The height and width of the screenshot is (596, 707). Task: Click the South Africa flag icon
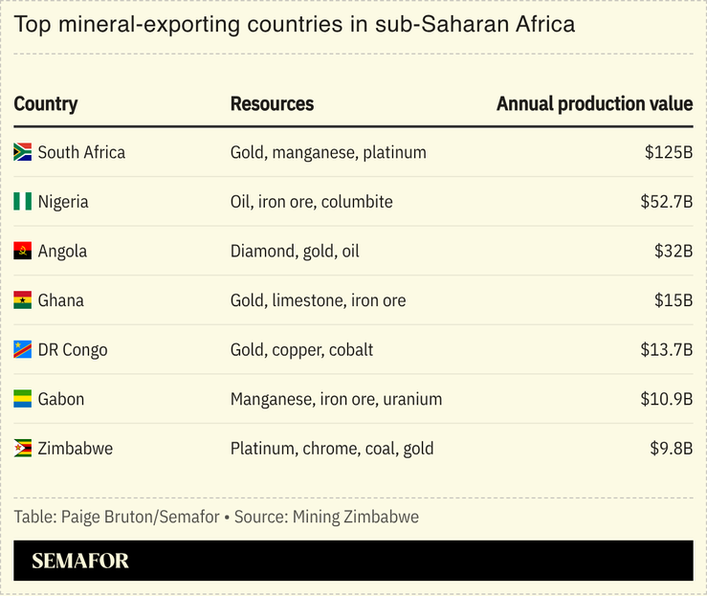coord(23,152)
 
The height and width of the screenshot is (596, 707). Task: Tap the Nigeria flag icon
coord(23,202)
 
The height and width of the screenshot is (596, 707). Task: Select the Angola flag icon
coord(23,252)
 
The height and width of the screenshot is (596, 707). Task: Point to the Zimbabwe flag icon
coord(23,448)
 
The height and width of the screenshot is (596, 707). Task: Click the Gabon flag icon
coord(23,399)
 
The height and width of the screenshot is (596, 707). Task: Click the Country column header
coord(46,104)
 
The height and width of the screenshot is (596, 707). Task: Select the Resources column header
coord(272,104)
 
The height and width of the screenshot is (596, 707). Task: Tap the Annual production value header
coord(594,104)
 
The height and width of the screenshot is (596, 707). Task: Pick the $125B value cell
coord(668,152)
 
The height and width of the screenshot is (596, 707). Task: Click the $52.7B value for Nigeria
coord(666,202)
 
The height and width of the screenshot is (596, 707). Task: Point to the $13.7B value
coord(666,350)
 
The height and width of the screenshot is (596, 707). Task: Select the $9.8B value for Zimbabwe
coord(670,448)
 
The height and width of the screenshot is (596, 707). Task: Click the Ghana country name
coord(61,300)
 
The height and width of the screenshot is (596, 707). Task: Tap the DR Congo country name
coord(73,350)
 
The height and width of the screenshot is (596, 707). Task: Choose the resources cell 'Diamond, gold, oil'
coord(295,252)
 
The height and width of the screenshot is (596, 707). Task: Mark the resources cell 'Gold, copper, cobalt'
coord(301,350)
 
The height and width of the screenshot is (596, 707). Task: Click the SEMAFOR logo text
coord(80,562)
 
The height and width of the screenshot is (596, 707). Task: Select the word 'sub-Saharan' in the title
coord(414,24)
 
